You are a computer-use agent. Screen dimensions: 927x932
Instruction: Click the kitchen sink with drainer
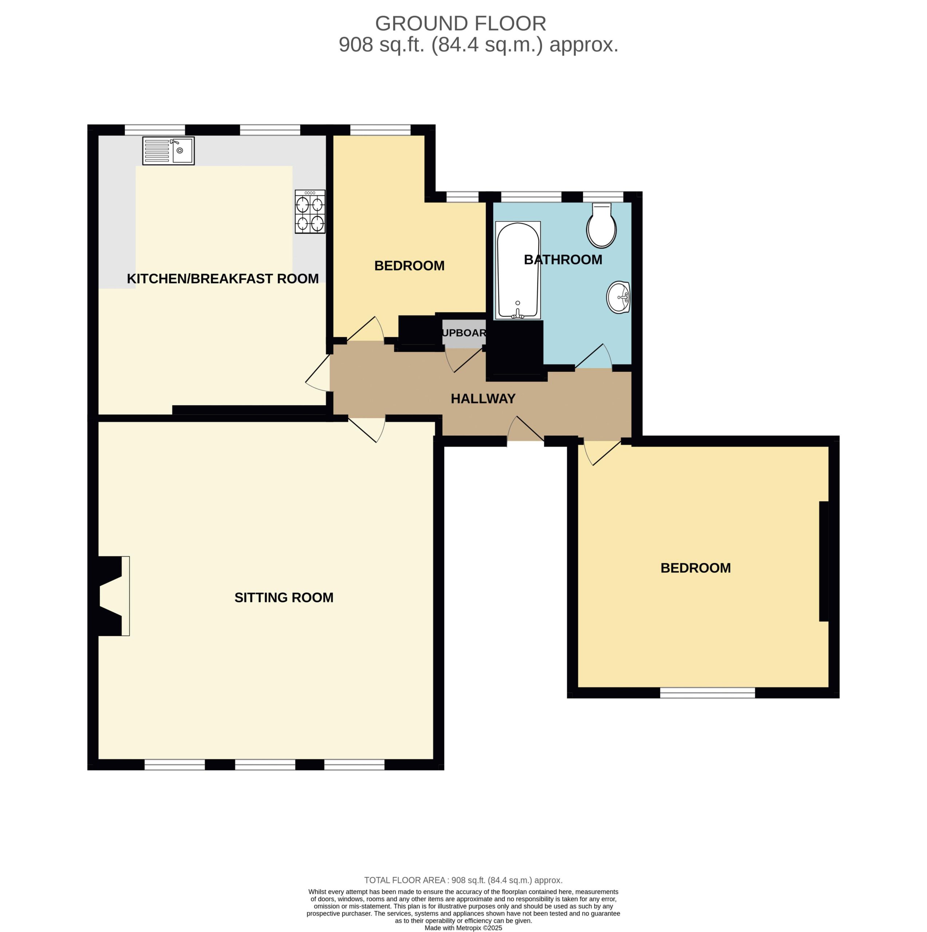coord(168,151)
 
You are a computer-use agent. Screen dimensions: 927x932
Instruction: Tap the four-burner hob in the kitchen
coord(310,212)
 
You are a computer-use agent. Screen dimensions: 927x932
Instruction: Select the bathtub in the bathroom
coord(518,270)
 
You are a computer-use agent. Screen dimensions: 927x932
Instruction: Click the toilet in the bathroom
coord(602,225)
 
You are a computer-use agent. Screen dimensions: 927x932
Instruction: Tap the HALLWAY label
coord(483,398)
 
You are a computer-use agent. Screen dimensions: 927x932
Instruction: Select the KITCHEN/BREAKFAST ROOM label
coord(222,279)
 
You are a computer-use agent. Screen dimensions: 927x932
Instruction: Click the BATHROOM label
coord(563,260)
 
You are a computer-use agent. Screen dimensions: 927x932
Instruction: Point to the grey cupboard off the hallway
coord(464,333)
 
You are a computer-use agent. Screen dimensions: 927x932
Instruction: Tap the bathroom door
coord(593,356)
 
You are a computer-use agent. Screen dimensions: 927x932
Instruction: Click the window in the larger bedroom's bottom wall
coord(707,693)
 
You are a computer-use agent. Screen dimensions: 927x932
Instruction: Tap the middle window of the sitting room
coord(265,765)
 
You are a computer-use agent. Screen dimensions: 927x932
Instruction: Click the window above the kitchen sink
coord(155,130)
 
